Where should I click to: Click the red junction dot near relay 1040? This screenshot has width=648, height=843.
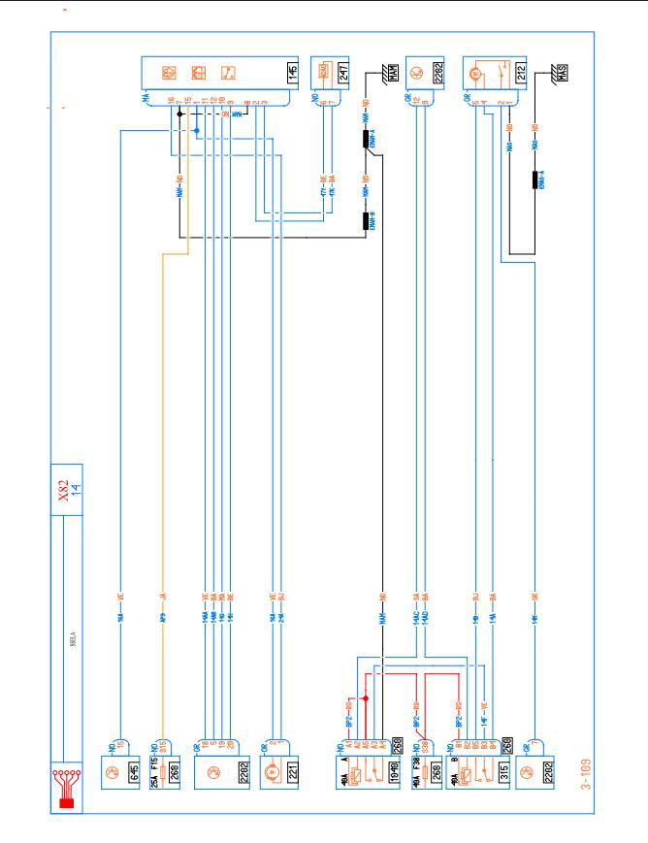tap(365, 698)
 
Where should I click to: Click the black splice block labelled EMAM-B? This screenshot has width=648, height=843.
tap(369, 222)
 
